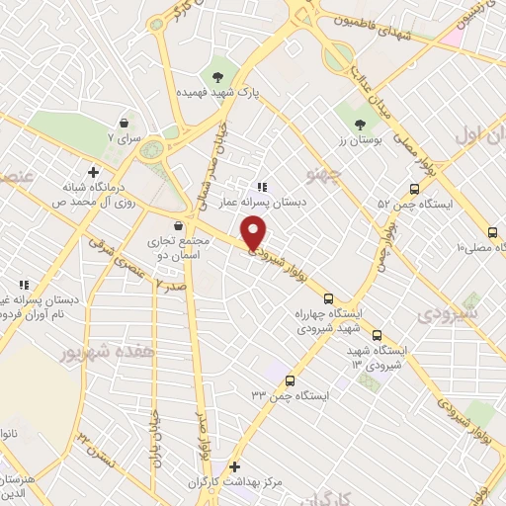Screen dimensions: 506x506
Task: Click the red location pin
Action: (x=254, y=233)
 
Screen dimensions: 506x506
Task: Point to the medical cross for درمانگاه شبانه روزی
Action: (x=93, y=171)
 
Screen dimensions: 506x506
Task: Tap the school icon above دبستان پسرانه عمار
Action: (x=262, y=187)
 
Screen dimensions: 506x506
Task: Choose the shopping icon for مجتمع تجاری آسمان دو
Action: (x=178, y=224)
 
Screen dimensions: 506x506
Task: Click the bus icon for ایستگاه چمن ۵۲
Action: (x=414, y=189)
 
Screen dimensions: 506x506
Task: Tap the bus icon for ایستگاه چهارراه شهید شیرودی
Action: (x=328, y=298)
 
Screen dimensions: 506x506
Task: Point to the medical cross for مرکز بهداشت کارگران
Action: (x=234, y=466)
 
